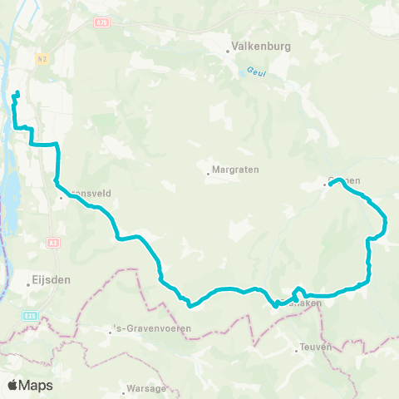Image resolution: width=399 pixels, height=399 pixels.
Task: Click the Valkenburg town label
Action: click(x=262, y=47)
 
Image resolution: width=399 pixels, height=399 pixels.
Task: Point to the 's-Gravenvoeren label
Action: click(x=153, y=328)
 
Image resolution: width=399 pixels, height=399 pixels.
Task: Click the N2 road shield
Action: click(x=42, y=58)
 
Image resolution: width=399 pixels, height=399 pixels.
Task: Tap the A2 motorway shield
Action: click(x=54, y=242)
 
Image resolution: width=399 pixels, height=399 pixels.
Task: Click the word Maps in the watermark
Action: click(x=37, y=385)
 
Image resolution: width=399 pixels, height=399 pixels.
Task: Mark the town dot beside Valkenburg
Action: click(x=228, y=52)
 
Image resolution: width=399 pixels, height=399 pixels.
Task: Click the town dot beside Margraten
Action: click(x=208, y=174)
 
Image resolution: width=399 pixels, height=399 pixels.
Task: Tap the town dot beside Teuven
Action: click(x=296, y=350)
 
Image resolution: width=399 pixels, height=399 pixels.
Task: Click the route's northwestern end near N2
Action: click(x=17, y=91)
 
